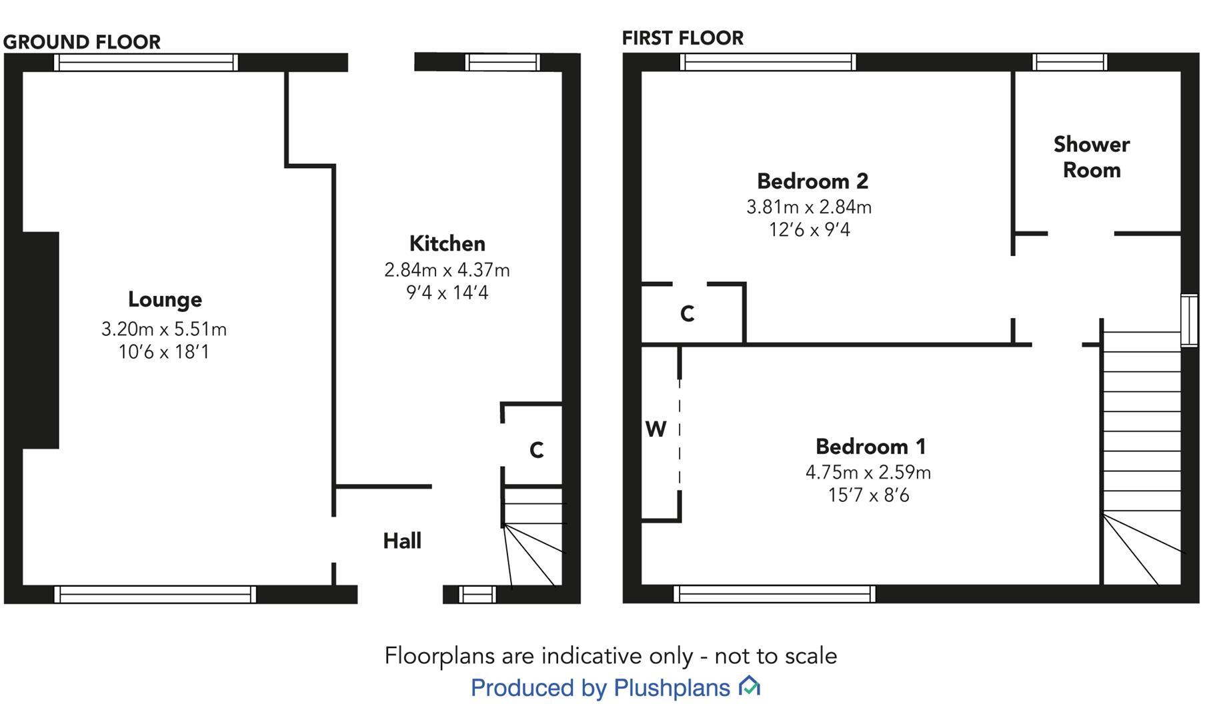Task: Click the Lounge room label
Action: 165,300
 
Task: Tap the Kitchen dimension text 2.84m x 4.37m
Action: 447,270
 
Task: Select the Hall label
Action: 402,541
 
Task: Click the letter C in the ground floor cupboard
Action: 537,451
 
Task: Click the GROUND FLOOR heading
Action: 82,42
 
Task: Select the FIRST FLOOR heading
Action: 682,38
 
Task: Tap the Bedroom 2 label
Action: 812,181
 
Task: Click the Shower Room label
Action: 1091,157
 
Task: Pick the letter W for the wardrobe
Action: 656,429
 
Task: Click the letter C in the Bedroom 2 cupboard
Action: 687,313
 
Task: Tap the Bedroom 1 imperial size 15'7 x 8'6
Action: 868,495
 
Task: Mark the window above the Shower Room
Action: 1070,63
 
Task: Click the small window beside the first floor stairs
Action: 1189,321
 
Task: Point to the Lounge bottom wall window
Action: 155,594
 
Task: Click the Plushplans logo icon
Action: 750,686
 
